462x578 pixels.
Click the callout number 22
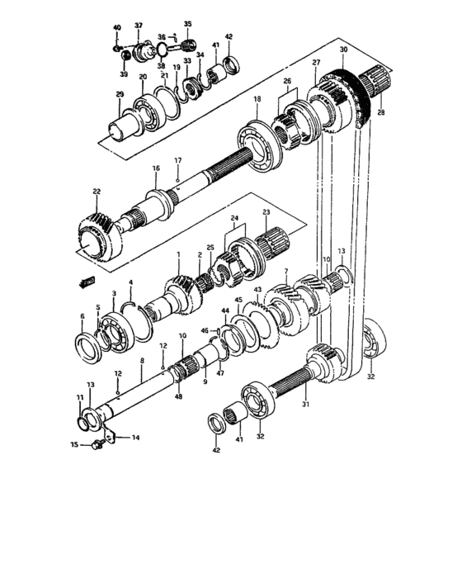tap(97, 192)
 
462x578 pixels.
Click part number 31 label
tap(305, 405)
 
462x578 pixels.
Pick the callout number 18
tap(257, 99)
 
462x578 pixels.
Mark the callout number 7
tap(285, 271)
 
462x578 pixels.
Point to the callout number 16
tap(155, 168)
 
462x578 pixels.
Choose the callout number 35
tap(187, 24)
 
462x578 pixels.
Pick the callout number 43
tap(257, 290)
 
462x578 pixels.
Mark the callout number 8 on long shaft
tap(142, 362)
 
